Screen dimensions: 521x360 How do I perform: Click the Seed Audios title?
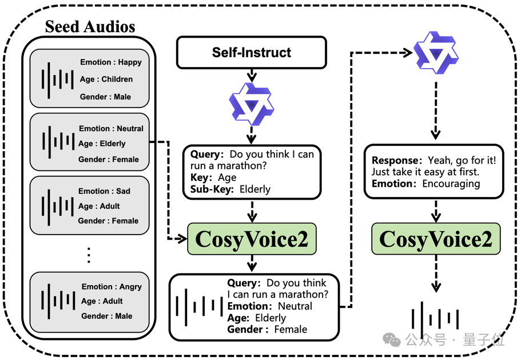click(90, 26)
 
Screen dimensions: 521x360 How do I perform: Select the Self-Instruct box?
click(252, 53)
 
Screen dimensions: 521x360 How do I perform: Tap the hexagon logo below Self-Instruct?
click(252, 104)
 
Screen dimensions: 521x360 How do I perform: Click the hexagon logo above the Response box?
click(436, 53)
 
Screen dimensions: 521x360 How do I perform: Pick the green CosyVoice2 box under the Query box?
click(252, 239)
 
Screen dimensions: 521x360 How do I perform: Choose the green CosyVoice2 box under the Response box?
click(436, 239)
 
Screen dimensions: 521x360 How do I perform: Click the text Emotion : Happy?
click(110, 62)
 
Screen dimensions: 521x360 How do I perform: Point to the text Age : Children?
click(106, 79)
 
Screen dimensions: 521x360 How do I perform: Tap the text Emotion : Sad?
click(104, 191)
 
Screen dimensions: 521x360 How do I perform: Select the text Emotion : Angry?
click(112, 287)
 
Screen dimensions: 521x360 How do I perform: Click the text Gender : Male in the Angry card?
click(106, 316)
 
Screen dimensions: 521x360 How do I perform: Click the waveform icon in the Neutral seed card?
click(58, 142)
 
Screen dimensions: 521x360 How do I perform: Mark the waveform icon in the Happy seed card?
click(58, 80)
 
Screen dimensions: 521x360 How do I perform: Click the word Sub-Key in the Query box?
click(212, 189)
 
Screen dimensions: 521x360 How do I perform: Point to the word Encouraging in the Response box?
click(451, 184)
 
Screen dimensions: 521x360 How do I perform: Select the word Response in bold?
click(397, 160)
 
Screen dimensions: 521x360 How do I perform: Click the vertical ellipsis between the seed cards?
click(89, 255)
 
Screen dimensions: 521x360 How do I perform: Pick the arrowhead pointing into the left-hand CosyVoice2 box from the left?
click(182, 238)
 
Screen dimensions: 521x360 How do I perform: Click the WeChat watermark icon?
click(392, 340)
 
